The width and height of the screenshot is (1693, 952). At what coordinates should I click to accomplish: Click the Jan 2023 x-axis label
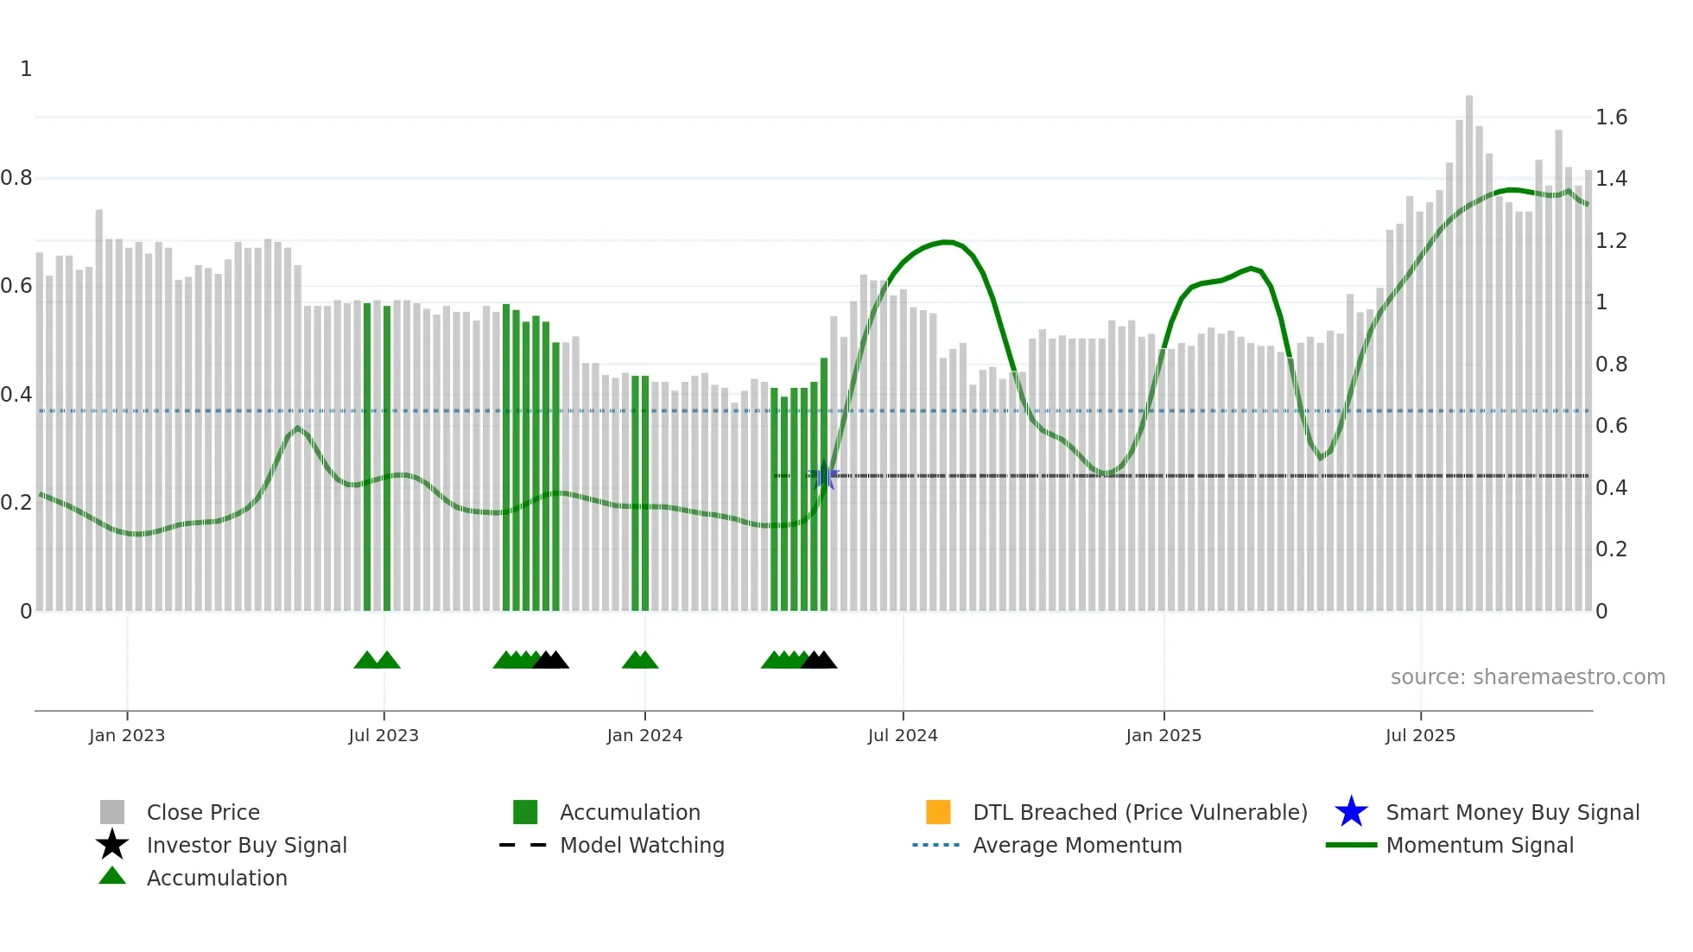pos(126,735)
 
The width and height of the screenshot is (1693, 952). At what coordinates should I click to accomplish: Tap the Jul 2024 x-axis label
pos(903,735)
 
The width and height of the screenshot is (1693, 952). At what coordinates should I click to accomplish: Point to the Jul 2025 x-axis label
pos(1420,735)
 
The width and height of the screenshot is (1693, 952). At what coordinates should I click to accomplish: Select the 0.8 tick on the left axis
pos(16,178)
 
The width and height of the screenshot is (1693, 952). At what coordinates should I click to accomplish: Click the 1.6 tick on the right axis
pos(1611,117)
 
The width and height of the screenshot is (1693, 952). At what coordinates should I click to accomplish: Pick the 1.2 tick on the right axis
pos(1611,240)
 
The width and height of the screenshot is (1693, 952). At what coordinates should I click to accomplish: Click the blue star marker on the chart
pos(825,476)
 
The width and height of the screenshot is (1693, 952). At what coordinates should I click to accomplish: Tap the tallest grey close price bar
pos(1468,346)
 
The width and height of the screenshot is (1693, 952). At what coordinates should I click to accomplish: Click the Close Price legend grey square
pos(112,812)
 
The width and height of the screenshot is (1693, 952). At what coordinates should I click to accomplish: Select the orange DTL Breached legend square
pos(938,812)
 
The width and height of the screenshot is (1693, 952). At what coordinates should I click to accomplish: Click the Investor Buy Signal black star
pos(112,845)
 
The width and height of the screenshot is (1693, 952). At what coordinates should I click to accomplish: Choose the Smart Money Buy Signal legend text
pos(1512,812)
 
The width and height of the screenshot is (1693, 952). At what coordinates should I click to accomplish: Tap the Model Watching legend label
pos(642,845)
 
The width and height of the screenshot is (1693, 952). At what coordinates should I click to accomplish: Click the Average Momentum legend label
pos(1077,845)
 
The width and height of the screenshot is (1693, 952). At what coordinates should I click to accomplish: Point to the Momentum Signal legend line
pos(1351,845)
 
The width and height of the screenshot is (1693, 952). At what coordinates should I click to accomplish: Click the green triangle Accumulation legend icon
pos(112,876)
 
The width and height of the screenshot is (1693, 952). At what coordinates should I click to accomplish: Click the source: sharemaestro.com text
pos(1527,676)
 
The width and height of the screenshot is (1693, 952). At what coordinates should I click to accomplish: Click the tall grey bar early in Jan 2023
pos(99,406)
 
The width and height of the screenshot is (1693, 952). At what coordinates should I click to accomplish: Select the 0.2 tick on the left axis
pos(16,503)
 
